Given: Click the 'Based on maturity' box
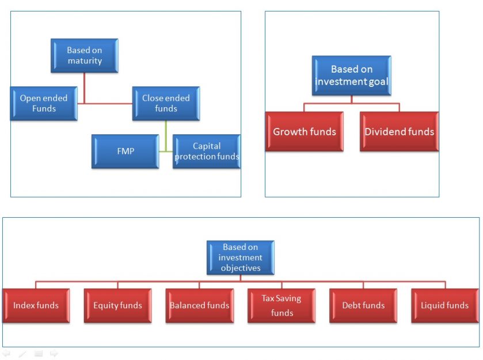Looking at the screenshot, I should coord(84,55).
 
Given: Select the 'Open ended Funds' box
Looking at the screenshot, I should coord(44,103).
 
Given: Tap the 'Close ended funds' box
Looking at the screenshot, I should coord(166,103).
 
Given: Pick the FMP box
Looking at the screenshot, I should coord(125,151).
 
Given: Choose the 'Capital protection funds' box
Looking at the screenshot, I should coord(207,151).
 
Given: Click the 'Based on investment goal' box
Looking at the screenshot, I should coord(351,75).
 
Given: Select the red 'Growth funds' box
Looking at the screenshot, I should coord(305,131).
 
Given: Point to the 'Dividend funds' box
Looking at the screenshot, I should coord(399,131).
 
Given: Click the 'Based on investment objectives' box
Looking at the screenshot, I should coord(240,257).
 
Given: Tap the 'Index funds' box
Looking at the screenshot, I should coord(36,305).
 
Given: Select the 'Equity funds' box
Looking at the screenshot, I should coord(117,305).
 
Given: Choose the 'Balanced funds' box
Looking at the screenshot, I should coord(199,305).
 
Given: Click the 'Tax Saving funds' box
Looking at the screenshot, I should coord(282,305).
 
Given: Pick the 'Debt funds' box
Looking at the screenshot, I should coord(363,305).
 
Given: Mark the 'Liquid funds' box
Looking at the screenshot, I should coord(444,305).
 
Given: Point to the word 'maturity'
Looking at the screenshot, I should coord(85,60).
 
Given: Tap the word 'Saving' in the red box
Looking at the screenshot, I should coord(288,298).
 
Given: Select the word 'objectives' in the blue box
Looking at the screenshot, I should coord(240,268).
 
